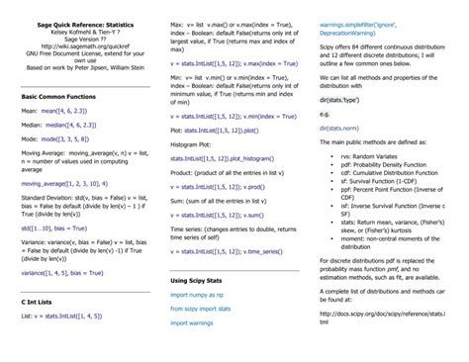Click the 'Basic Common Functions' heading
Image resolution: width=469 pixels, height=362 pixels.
click(59, 97)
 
